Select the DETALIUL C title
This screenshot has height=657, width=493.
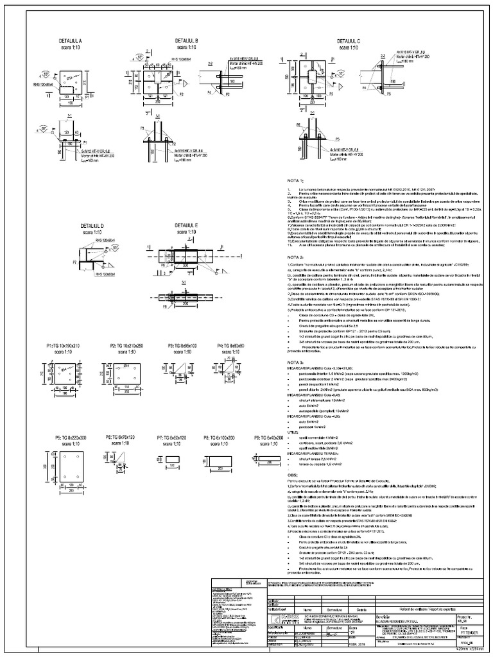[x=349, y=40]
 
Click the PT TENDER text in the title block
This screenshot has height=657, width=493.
[x=470, y=631]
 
